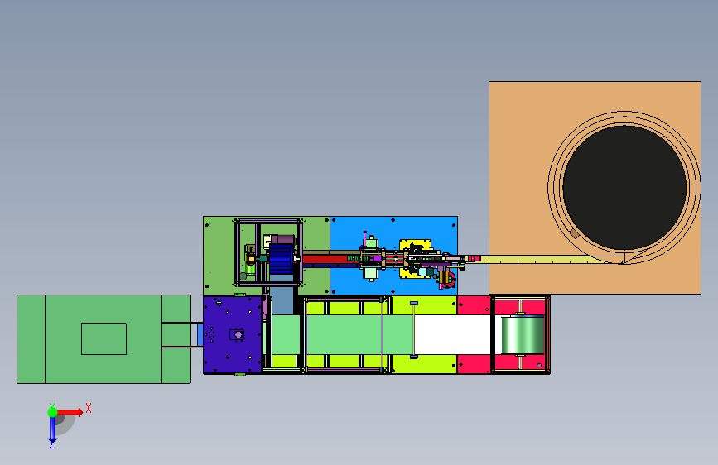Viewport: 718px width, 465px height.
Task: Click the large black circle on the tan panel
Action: [624, 188]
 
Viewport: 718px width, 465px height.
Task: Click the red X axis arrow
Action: [70, 412]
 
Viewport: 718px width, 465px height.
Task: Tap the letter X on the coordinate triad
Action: [89, 408]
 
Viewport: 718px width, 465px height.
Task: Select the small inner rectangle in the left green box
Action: [104, 338]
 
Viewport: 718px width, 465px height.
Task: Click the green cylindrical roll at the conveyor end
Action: [523, 335]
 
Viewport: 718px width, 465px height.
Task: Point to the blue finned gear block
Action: [281, 259]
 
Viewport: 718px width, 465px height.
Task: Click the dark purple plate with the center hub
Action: [232, 334]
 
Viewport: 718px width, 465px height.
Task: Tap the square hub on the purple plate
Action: [237, 334]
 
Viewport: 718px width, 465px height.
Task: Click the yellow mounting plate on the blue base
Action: [415, 259]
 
